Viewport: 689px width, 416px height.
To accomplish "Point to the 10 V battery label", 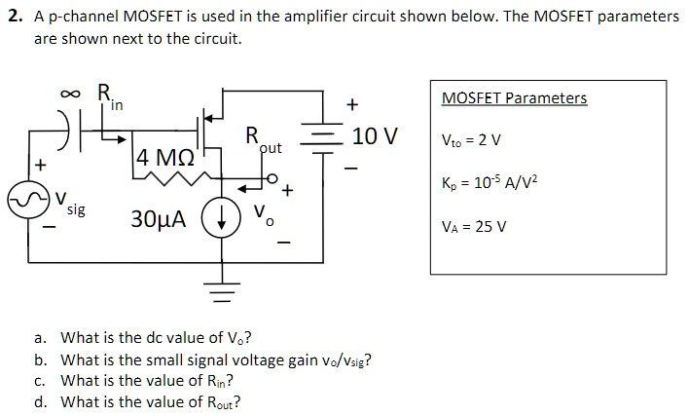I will pos(375,136).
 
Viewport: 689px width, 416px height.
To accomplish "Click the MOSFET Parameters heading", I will pos(514,98).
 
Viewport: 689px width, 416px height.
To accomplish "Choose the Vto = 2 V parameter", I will pos(471,139).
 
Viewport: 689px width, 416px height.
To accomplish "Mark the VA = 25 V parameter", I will pos(474,227).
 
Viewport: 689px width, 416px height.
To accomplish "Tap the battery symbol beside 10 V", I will pos(322,137).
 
